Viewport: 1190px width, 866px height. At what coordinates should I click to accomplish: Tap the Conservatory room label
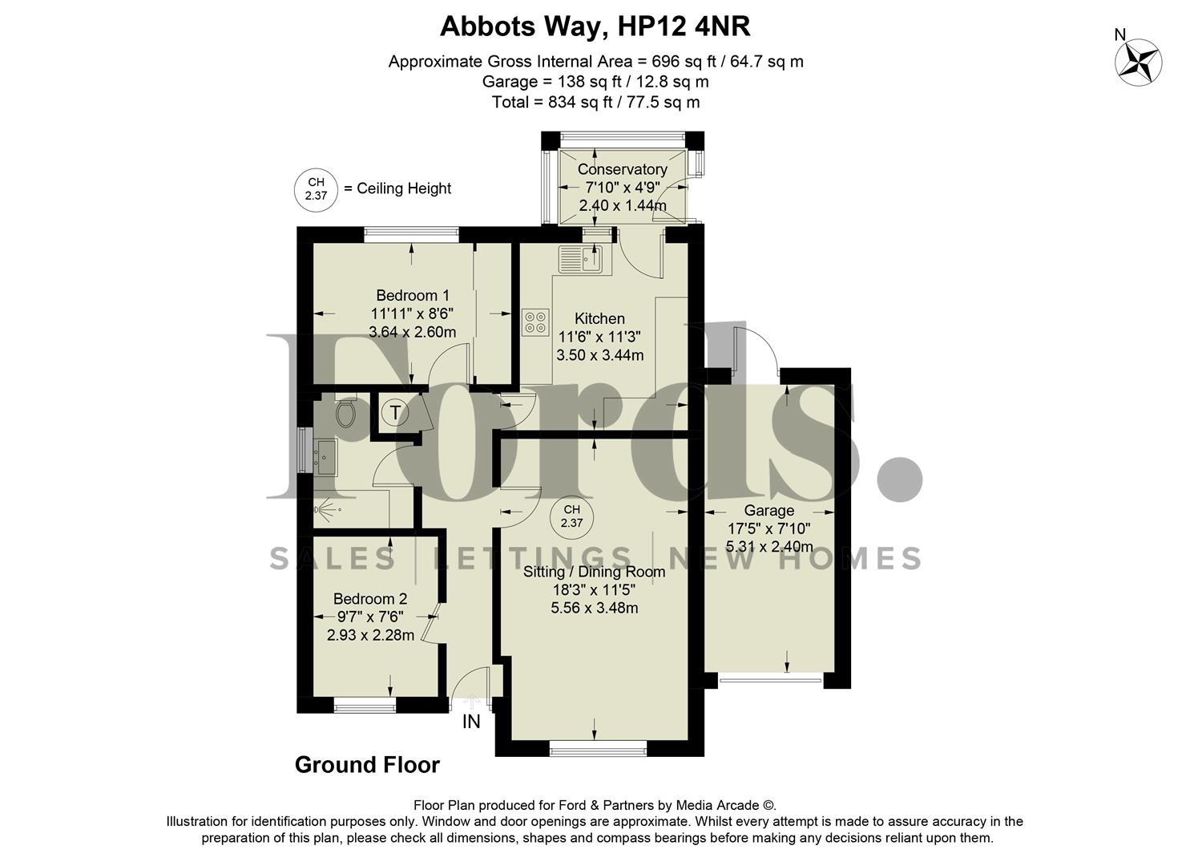pyautogui.click(x=622, y=169)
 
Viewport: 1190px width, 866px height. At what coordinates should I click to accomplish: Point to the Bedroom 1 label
pyautogui.click(x=413, y=295)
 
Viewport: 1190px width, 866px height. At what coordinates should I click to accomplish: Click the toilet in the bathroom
pyautogui.click(x=345, y=414)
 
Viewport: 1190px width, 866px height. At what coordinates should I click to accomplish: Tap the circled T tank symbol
pyautogui.click(x=395, y=413)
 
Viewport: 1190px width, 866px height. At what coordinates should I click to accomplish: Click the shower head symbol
pyautogui.click(x=328, y=509)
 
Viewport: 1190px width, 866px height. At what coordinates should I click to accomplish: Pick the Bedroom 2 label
pyautogui.click(x=370, y=598)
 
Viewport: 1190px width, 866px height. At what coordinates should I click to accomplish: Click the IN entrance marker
pyautogui.click(x=471, y=722)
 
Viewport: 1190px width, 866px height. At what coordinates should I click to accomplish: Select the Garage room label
pyautogui.click(x=769, y=510)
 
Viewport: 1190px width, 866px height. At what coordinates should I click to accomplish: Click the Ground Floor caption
pyautogui.click(x=367, y=765)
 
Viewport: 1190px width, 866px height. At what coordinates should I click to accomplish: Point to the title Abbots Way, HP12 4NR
pyautogui.click(x=595, y=26)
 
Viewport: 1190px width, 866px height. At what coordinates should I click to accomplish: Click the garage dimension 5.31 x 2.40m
pyautogui.click(x=769, y=547)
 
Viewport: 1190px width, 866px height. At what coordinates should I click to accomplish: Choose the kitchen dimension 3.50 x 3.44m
pyautogui.click(x=599, y=354)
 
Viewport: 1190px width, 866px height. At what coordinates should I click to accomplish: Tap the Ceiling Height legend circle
pyautogui.click(x=316, y=189)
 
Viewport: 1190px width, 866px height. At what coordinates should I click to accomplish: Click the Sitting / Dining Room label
pyautogui.click(x=594, y=572)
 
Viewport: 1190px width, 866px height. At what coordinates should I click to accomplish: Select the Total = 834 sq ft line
pyautogui.click(x=595, y=102)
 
